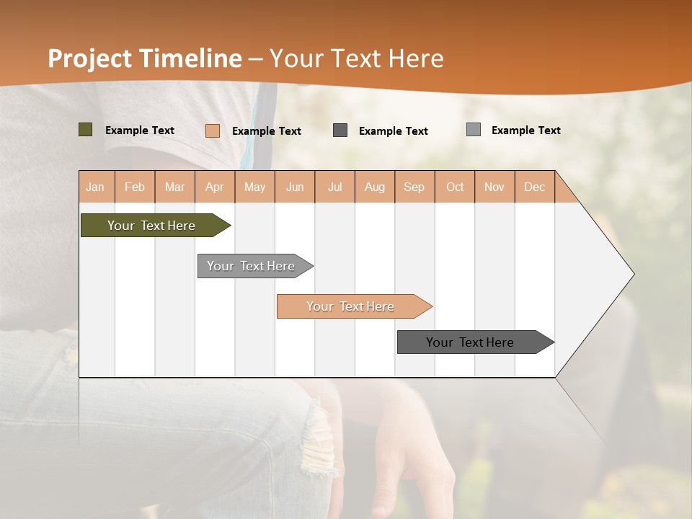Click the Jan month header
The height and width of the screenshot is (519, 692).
click(x=96, y=187)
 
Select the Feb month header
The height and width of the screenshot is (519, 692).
click(x=135, y=187)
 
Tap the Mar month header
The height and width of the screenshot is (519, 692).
click(x=174, y=187)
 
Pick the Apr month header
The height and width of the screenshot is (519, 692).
click(x=215, y=187)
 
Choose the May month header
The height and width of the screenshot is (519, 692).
click(x=254, y=187)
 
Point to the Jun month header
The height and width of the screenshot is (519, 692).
click(x=295, y=187)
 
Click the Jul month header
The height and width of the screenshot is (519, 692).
click(x=334, y=187)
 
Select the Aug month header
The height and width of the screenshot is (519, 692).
click(x=375, y=187)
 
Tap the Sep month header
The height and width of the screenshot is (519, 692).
click(x=414, y=187)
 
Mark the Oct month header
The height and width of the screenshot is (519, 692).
click(x=455, y=187)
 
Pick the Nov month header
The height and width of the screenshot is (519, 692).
click(x=494, y=187)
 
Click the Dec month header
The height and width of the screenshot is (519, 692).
click(x=535, y=187)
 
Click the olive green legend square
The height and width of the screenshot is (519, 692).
click(x=86, y=130)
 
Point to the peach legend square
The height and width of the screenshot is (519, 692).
click(x=213, y=130)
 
